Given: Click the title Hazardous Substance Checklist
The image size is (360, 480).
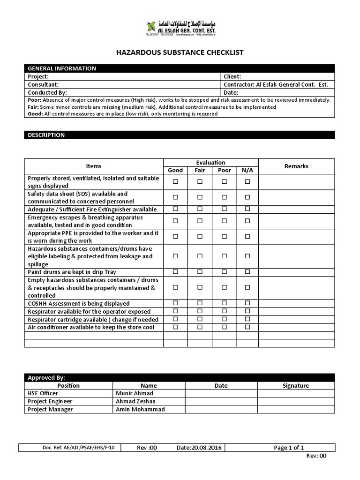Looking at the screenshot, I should pos(180,52).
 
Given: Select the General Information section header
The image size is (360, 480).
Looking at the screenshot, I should pos(62,68).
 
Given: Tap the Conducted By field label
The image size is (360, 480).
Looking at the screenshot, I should pos(47,92).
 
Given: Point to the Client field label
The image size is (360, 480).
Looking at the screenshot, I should pos(232,76).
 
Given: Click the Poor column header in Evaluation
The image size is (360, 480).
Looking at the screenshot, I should pos(224,170).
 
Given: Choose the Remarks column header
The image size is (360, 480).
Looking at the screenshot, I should pos(296,166).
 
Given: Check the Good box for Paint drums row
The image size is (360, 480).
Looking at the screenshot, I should pos(176,272).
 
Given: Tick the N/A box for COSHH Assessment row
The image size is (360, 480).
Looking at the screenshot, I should pos(247,303).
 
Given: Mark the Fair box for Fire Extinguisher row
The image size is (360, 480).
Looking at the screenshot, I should pos(200,209).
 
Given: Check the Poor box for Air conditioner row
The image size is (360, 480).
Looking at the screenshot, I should pos(224,327).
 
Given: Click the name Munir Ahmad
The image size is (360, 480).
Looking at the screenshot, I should pos(135,393).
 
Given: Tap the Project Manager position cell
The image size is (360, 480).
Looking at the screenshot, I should pos(50,409).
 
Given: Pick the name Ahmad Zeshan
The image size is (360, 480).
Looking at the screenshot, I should pos(135,401).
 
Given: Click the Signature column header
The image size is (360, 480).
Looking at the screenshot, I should pos(296,385).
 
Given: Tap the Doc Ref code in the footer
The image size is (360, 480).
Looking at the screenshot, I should pos(78,448).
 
